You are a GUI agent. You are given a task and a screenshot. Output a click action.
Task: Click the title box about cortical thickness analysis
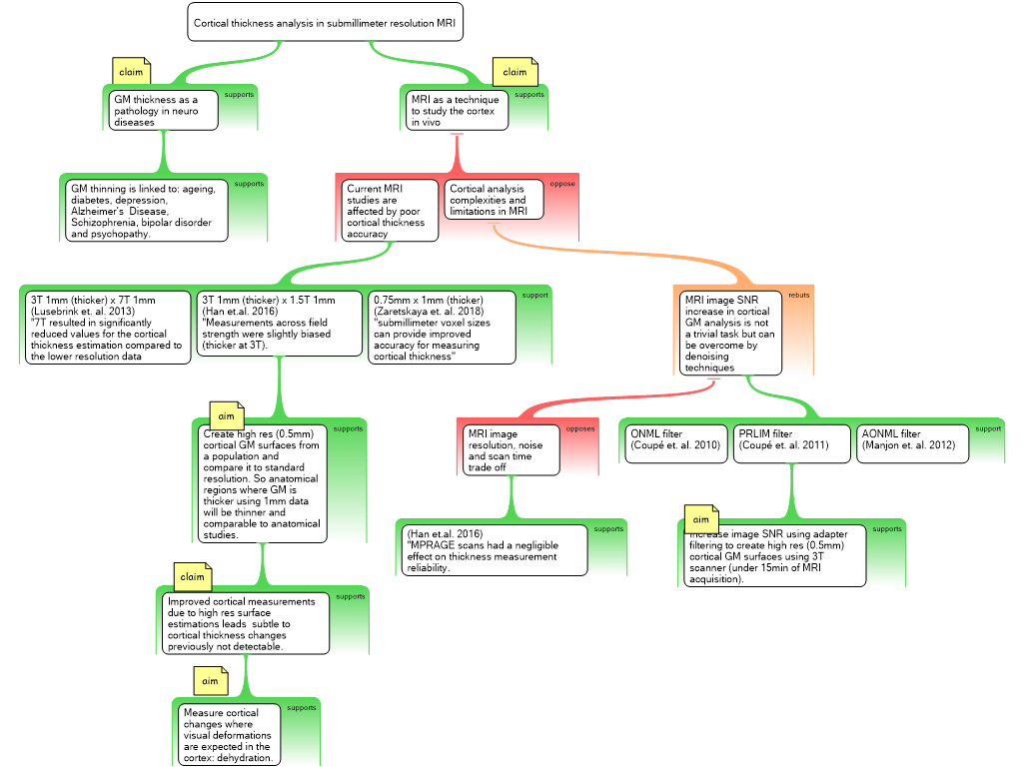coord(325,22)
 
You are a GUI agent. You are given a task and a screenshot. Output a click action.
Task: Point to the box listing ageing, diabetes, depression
coord(148,211)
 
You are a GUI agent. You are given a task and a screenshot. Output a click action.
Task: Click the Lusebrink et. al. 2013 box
coord(106,328)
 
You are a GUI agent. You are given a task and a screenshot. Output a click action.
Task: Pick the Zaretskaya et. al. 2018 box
coord(443,328)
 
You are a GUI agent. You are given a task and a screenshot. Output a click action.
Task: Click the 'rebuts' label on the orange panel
coord(799,296)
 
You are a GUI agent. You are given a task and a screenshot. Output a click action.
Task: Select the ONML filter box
coord(675,444)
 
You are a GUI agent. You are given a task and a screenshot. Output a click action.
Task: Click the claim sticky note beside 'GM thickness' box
coord(131,72)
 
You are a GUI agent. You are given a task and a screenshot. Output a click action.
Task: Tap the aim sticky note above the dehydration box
coord(210,681)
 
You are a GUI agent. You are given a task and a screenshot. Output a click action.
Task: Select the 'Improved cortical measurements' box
coord(245,624)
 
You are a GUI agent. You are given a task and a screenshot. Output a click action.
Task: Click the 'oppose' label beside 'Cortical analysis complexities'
coord(562,184)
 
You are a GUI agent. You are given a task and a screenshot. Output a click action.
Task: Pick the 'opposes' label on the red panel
coord(580,428)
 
